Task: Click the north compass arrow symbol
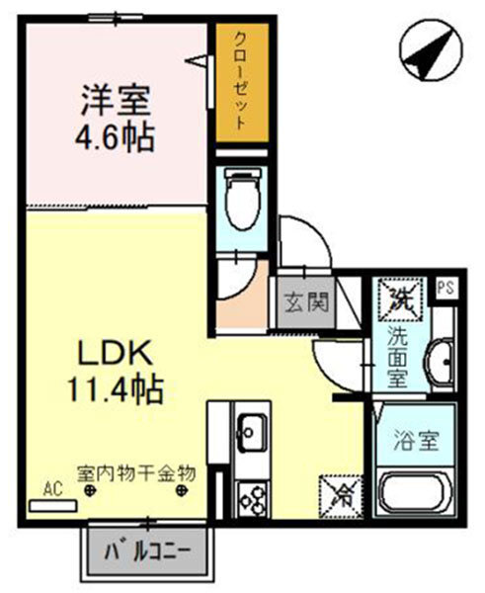(x=427, y=51)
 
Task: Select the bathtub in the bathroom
(x=414, y=494)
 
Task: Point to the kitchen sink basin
(x=251, y=431)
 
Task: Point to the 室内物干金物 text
(x=137, y=472)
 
